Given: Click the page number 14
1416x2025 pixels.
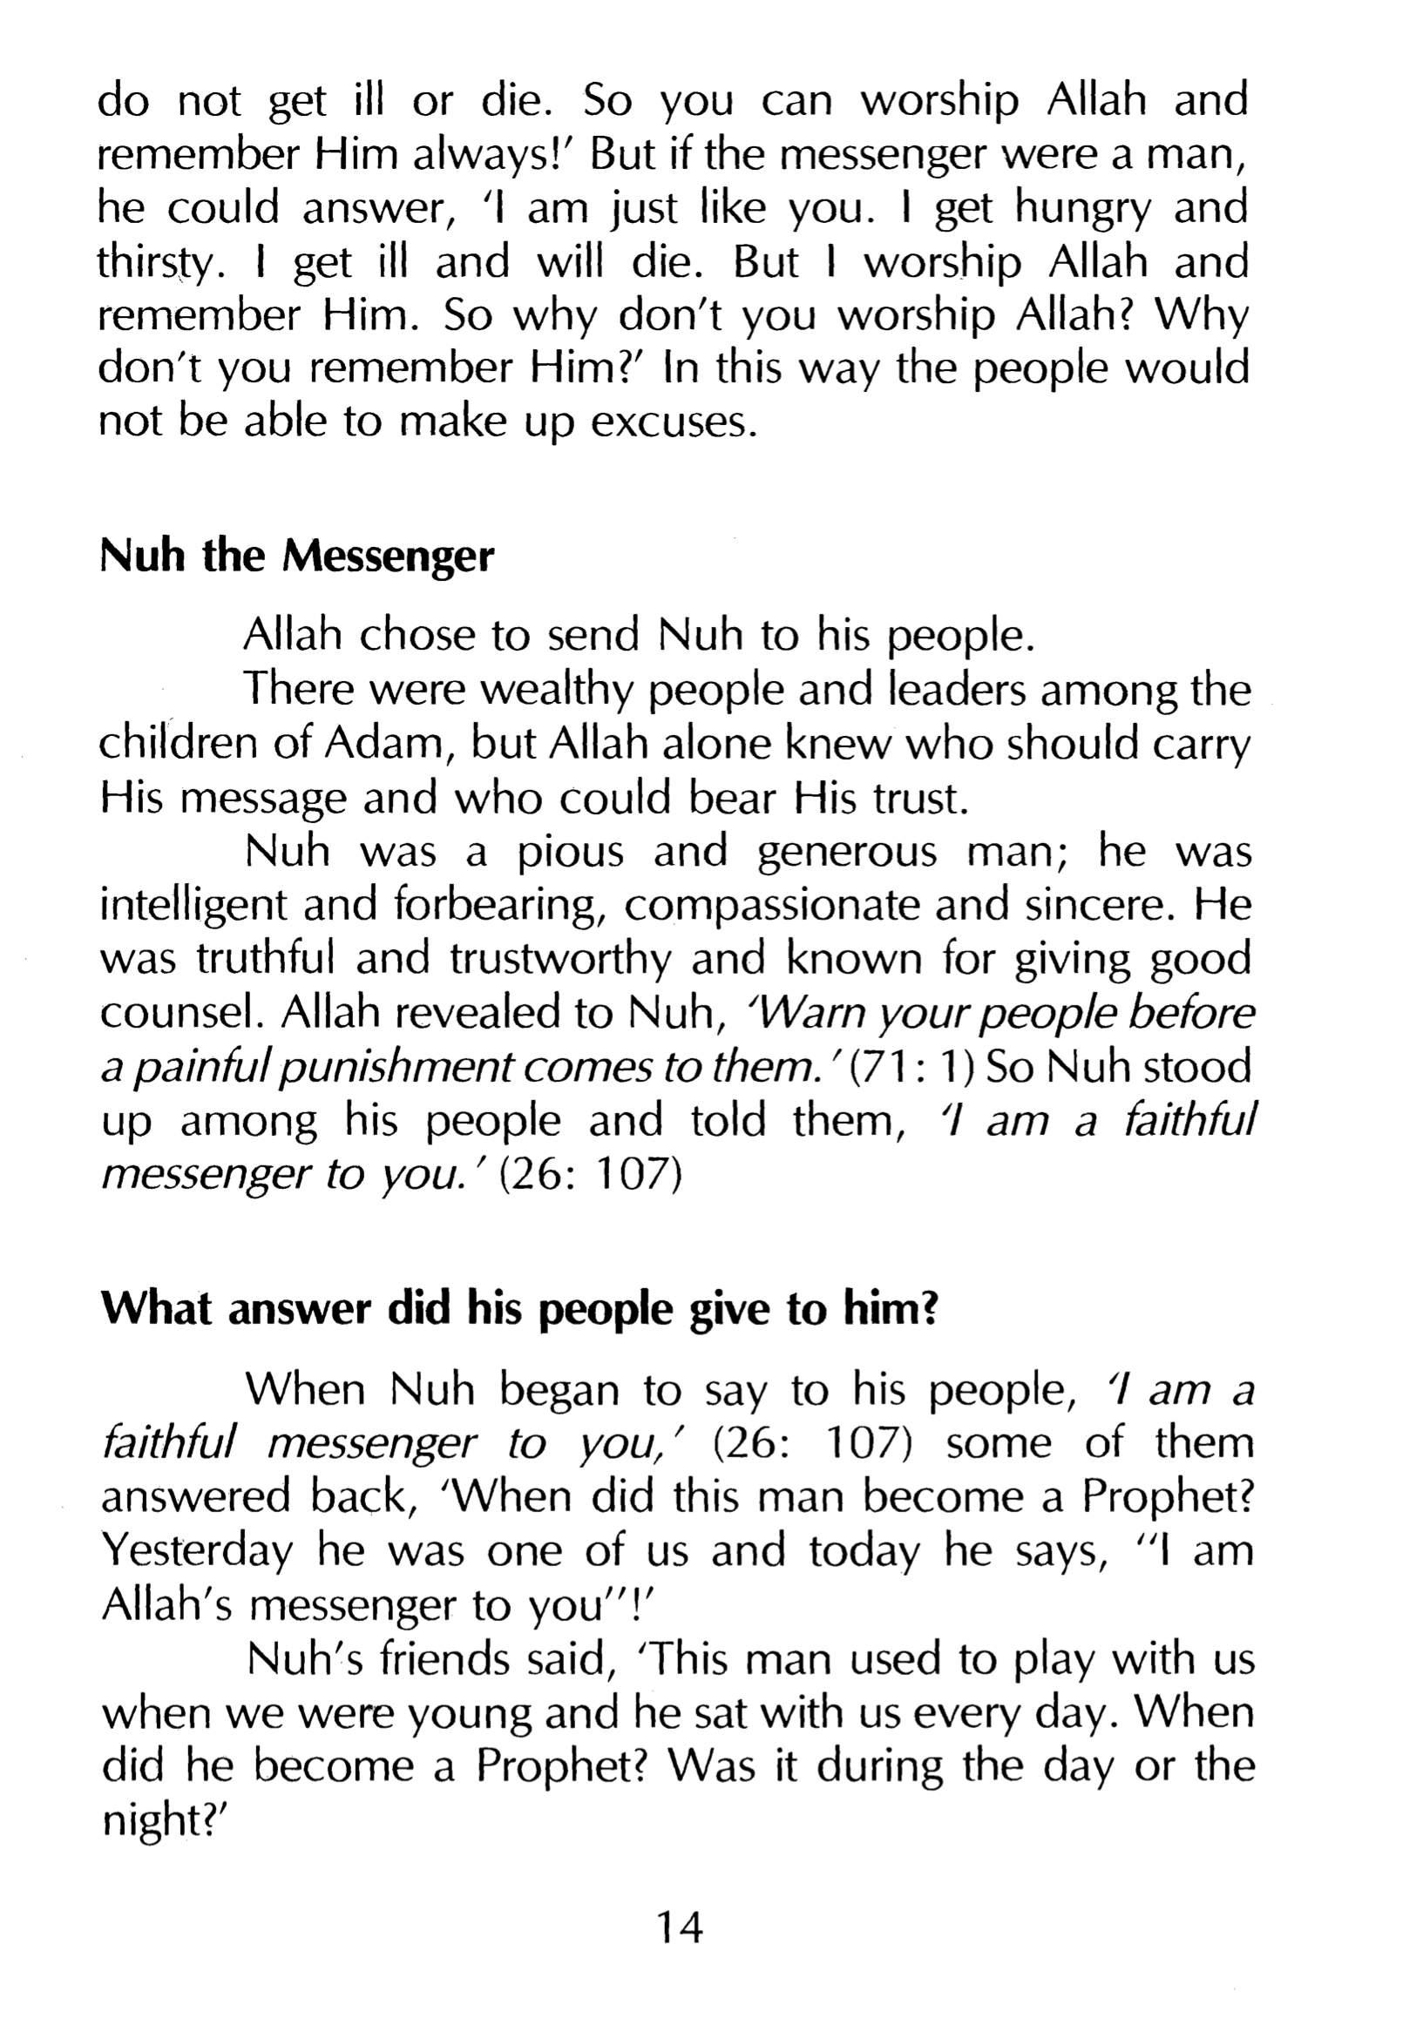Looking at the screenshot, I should click(680, 1927).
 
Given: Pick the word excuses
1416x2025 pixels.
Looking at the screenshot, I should click(674, 423).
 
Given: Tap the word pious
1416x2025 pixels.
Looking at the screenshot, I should click(570, 853).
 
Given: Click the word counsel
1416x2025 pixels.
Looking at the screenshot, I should click(183, 1015).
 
